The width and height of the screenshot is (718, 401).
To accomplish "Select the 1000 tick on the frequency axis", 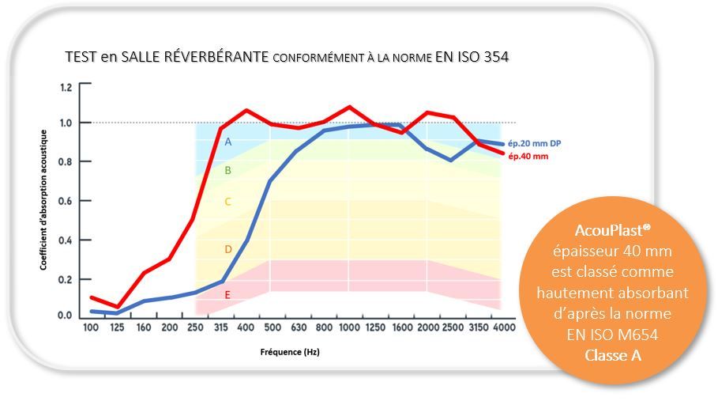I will [x=349, y=328].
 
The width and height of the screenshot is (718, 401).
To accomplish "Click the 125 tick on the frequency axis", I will [x=118, y=328].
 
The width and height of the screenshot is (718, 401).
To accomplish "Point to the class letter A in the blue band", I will [x=227, y=142].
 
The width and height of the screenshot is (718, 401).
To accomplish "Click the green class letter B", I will [x=227, y=170].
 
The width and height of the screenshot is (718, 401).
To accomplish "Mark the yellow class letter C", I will [x=227, y=202].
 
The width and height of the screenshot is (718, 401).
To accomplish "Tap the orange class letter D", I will [x=227, y=249].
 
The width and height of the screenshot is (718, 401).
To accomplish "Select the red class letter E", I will [x=227, y=293].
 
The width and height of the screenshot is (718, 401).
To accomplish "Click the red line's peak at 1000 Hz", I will [x=349, y=107].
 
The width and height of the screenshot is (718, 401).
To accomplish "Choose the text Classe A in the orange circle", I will [x=613, y=355].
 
